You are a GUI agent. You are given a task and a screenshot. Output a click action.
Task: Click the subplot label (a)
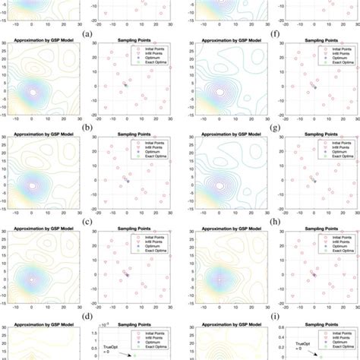[x=90, y=33]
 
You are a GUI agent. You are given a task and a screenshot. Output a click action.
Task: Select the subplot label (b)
[x=90, y=128]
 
